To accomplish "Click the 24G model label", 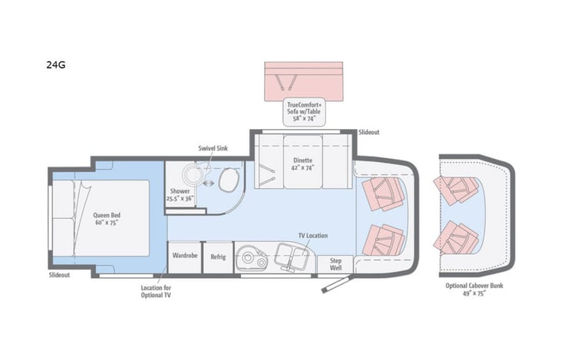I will tap(55, 64).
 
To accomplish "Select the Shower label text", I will tap(180, 194).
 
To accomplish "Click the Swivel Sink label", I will tap(211, 150).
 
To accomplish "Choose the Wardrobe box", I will tap(185, 256).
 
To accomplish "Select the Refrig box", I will tap(218, 256).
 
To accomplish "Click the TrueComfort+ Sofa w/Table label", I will tap(303, 111).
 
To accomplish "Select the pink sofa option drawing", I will tap(303, 79).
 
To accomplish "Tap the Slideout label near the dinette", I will tap(369, 132).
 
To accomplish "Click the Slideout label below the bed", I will tap(59, 274).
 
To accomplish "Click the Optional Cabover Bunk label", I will tap(475, 289).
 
